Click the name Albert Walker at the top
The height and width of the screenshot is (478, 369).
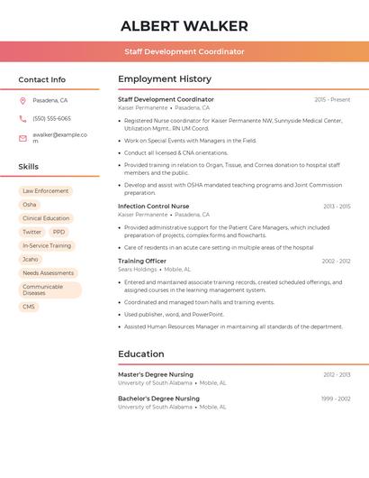coord(184,25)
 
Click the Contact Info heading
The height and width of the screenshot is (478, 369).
coord(42,79)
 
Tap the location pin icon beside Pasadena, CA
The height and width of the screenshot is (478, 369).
coord(22,100)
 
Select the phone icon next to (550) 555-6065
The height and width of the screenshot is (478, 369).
coord(22,118)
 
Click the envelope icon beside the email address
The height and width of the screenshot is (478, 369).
coord(22,137)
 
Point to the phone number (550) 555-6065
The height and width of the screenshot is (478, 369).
coord(51,118)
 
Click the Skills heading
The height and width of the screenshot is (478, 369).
coord(29,167)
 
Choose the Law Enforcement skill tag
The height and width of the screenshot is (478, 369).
coord(45,191)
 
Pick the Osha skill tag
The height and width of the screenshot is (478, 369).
coord(30,205)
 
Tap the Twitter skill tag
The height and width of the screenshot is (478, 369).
coord(31,232)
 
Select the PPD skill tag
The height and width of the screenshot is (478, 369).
coord(59,232)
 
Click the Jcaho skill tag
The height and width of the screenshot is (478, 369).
coord(31,259)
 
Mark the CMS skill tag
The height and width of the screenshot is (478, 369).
coord(29,307)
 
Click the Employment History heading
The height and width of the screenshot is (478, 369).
coord(165,79)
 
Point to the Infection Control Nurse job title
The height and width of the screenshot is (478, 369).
coord(154,207)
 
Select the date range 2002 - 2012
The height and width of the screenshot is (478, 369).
coord(336,261)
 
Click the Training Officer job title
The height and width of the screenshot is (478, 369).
coord(142,261)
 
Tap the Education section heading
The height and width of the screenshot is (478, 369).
coord(140,354)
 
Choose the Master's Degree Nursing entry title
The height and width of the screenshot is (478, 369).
coord(156,374)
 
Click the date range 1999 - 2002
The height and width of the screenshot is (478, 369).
coord(337,398)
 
